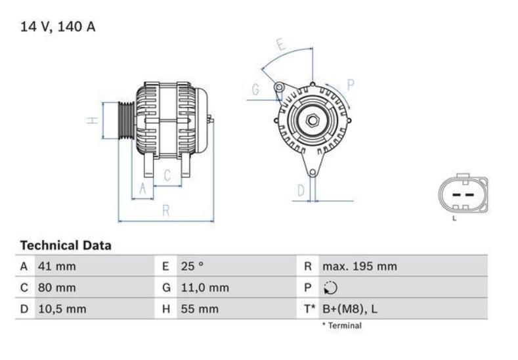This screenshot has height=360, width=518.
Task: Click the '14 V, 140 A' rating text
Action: click(58, 28)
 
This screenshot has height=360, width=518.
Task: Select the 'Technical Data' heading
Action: click(66, 246)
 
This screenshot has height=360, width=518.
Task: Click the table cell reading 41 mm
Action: click(58, 267)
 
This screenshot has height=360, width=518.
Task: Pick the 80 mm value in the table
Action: click(58, 288)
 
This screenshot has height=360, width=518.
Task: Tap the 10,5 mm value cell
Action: click(62, 308)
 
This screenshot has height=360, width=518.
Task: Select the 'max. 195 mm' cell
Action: click(359, 267)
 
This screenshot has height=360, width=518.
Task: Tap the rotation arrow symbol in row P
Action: click(330, 288)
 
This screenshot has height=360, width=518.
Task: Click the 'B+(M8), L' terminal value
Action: click(350, 308)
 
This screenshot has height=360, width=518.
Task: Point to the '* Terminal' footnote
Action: click(341, 325)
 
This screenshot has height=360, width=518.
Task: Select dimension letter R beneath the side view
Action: click(166, 210)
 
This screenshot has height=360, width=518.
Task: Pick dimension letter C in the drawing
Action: click(167, 175)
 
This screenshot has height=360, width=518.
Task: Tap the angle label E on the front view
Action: click(280, 45)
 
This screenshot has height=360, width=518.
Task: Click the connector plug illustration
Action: click(463, 195)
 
